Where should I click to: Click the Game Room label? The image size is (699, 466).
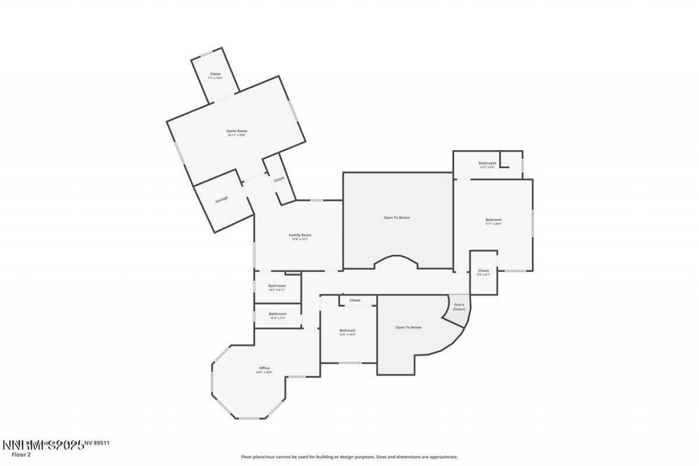click(237, 131)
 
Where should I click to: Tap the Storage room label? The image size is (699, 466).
click(221, 199)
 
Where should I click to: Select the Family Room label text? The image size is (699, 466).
click(300, 235)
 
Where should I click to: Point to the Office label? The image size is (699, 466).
click(264, 368)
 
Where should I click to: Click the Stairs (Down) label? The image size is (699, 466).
click(459, 306)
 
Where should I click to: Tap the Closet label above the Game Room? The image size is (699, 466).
click(215, 74)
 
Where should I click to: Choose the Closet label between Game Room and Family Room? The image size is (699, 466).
click(279, 179)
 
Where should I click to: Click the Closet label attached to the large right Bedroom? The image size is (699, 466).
click(483, 271)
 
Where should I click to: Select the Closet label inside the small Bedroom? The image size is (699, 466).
click(355, 300)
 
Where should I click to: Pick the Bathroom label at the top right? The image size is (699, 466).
click(487, 163)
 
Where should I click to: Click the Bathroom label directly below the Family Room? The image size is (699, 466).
click(277, 286)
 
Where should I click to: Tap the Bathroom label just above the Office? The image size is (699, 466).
click(277, 314)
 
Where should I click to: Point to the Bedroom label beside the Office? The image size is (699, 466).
click(347, 331)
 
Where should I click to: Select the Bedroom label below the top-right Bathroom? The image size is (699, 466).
click(493, 220)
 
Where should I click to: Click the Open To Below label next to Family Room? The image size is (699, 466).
click(396, 217)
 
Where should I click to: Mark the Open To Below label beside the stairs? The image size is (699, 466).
click(408, 327)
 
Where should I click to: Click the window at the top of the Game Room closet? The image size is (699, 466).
click(206, 54)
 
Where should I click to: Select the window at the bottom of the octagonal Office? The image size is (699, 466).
click(250, 418)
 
